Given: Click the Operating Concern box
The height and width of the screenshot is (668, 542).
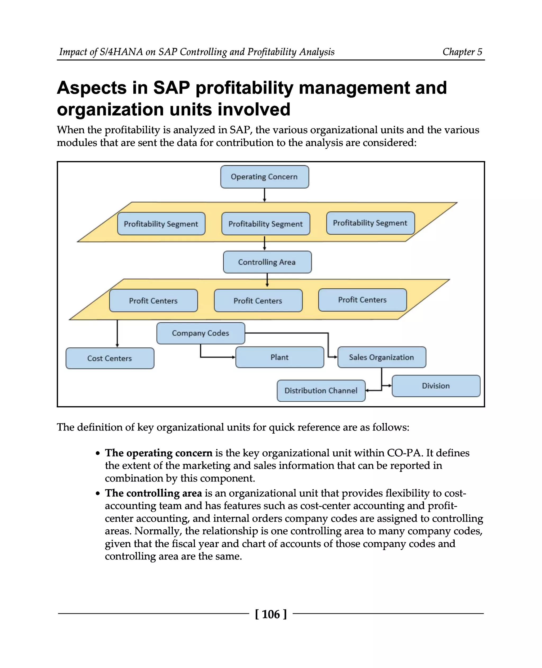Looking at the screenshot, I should (x=264, y=177).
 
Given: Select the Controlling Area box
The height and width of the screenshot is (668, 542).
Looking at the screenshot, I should (x=267, y=262).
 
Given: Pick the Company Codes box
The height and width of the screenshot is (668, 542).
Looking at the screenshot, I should (x=200, y=333).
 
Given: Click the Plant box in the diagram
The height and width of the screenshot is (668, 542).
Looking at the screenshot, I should (x=279, y=357).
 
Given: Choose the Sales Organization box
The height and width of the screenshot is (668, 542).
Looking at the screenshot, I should (x=382, y=357).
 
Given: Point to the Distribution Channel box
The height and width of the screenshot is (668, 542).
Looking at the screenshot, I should (x=321, y=390).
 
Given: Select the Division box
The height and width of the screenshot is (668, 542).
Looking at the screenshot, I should (x=436, y=386).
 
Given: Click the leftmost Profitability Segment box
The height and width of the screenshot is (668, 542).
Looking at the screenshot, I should (x=161, y=224).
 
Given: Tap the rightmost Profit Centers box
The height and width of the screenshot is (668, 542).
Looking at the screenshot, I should (x=363, y=300).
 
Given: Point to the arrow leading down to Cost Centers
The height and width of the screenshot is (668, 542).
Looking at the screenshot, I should (x=118, y=333).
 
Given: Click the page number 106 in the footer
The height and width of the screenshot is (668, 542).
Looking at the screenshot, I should (x=271, y=614).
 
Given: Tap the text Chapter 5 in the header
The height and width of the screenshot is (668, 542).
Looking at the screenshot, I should (x=462, y=52).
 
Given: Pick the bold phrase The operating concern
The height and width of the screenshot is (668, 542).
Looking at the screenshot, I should (x=159, y=453).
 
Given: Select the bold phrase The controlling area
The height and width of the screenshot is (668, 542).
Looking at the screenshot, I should (x=153, y=493).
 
